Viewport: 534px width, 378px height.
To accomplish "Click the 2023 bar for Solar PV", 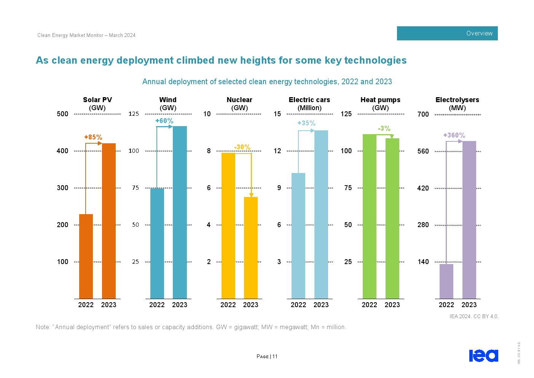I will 109,221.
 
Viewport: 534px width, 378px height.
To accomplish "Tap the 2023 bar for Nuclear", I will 251,248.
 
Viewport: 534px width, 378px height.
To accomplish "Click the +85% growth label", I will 93,137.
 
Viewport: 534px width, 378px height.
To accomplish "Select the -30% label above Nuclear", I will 242,147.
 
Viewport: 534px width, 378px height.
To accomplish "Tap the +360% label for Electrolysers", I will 454,135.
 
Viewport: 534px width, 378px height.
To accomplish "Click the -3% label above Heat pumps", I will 384,128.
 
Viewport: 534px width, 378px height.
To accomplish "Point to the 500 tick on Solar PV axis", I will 62,114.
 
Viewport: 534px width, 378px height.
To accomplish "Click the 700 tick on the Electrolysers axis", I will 423,114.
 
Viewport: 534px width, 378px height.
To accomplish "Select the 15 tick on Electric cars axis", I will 277,114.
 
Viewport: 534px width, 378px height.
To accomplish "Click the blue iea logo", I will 483,356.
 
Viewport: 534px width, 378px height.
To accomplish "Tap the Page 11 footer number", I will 267,357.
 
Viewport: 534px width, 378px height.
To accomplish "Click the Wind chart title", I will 168,100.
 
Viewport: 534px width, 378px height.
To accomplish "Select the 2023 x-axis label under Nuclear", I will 251,305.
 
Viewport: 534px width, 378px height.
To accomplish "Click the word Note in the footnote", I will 42,327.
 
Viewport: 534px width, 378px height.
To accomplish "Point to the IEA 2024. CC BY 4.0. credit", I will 474,316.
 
